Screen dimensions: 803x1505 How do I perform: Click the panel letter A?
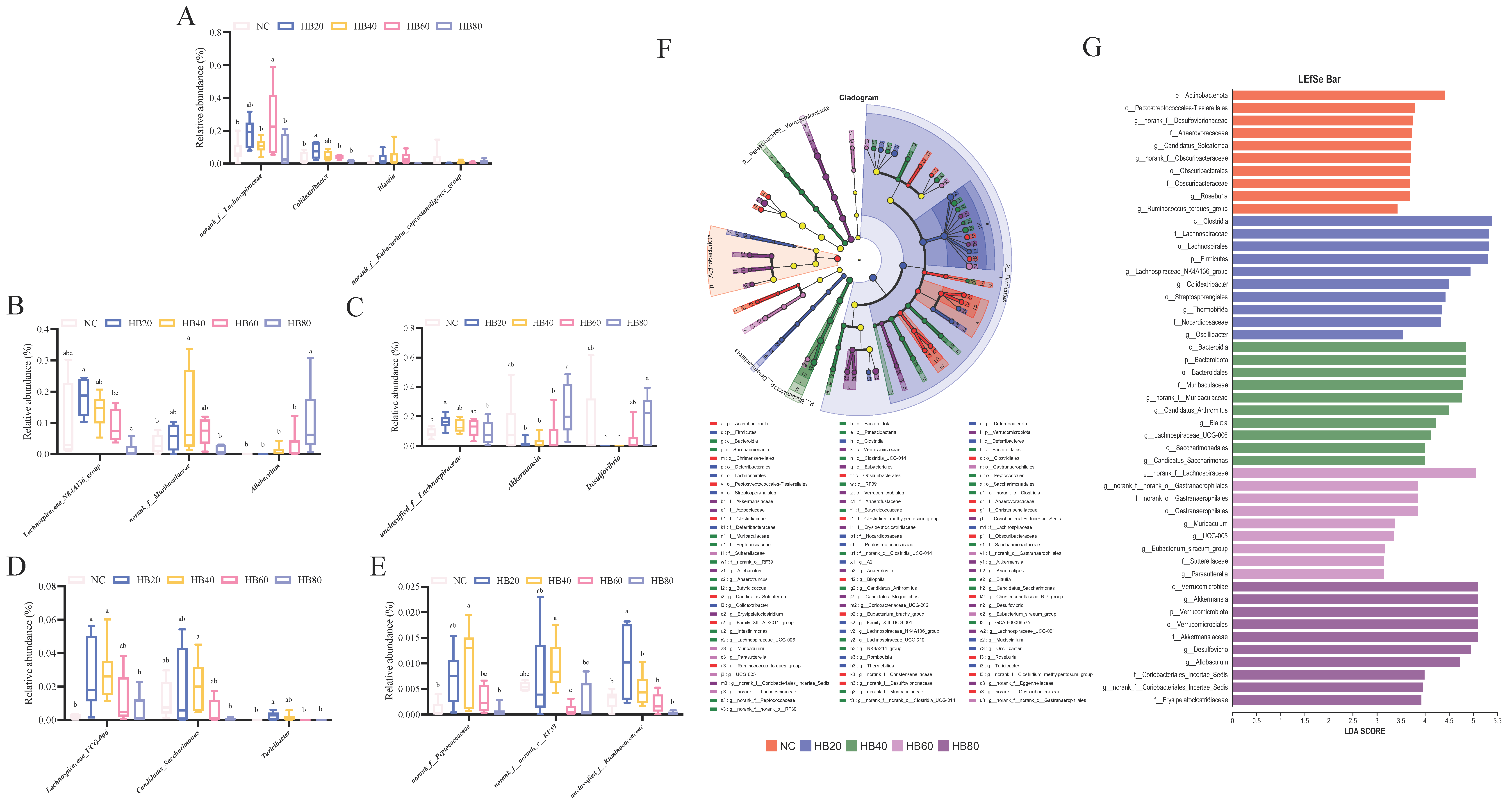(x=186, y=16)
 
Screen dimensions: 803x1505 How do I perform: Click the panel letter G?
(x=1091, y=47)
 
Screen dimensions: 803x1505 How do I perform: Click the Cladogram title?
(x=858, y=98)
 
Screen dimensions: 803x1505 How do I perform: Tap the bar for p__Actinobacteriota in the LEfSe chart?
(x=1338, y=95)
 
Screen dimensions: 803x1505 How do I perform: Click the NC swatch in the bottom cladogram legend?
(x=771, y=746)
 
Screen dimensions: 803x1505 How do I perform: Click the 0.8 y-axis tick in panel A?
(x=216, y=33)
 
